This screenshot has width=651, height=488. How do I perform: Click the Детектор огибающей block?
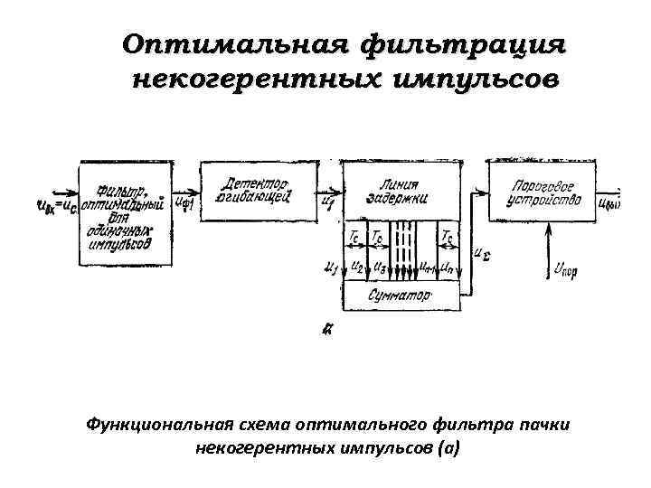257,188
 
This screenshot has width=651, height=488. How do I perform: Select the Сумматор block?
401,296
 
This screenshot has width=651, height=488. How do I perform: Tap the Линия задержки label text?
400,190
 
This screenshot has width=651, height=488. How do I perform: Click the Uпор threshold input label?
565,269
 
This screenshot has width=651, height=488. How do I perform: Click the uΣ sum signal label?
482,254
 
